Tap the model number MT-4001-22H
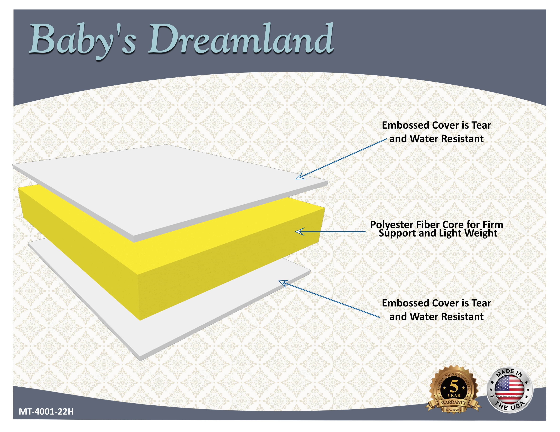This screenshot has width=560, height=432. pyautogui.click(x=46, y=411)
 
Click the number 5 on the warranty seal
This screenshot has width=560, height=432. pyautogui.click(x=454, y=386)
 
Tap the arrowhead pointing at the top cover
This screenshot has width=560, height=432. pyautogui.click(x=300, y=176)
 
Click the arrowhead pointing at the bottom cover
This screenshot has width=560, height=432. pyautogui.click(x=283, y=283)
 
